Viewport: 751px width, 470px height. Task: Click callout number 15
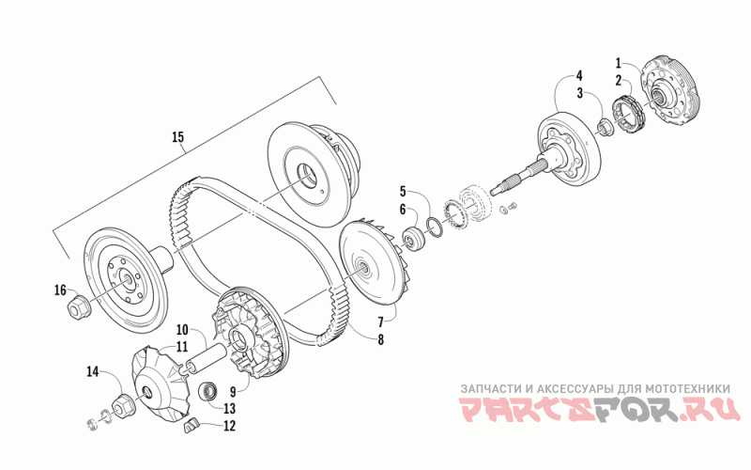coord(177,138)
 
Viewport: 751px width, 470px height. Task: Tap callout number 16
coord(59,290)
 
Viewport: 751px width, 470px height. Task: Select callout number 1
coord(619,62)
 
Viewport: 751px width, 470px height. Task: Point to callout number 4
coord(579,75)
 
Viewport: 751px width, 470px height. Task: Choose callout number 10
coord(381,322)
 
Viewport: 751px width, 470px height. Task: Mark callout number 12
coord(182,329)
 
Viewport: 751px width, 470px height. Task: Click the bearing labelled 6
coord(414,235)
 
